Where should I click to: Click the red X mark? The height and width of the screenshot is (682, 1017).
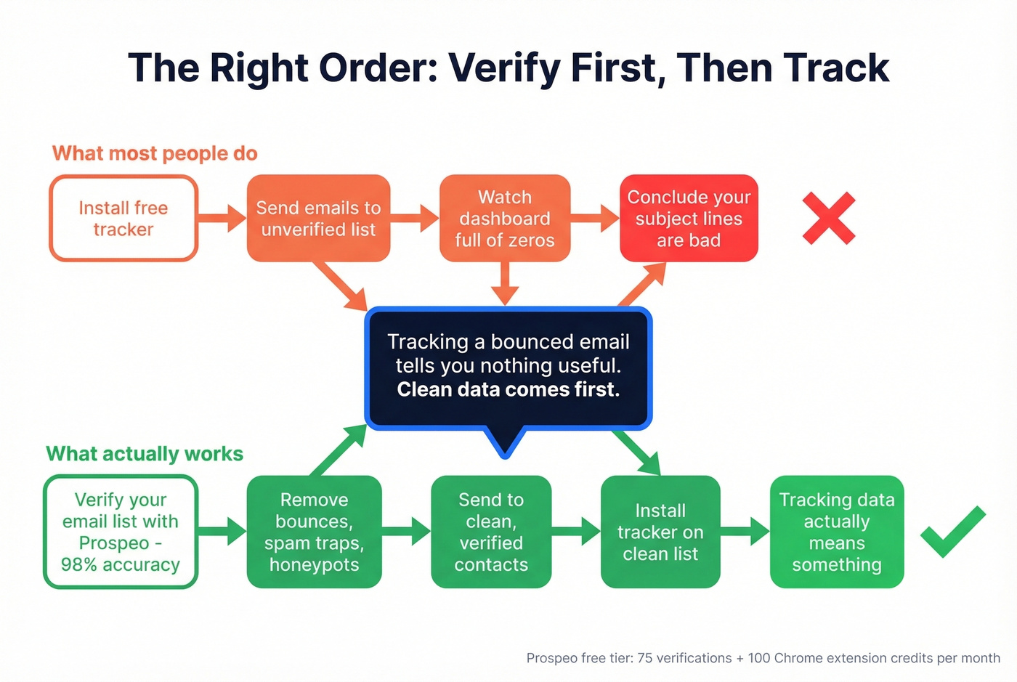point(829,218)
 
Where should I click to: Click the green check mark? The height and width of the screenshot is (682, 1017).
point(952,533)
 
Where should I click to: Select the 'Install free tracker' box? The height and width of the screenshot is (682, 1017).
point(123,218)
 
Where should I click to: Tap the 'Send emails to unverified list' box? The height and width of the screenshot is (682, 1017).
point(318,218)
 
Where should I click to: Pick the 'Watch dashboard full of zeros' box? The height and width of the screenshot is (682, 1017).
point(505,218)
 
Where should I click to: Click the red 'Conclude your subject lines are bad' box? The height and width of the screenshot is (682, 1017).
point(689,218)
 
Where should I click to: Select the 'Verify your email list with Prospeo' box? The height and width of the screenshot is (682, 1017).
point(121,532)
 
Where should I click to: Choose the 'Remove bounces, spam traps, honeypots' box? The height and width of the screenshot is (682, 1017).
point(314,532)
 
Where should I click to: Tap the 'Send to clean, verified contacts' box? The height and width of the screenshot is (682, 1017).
point(491,532)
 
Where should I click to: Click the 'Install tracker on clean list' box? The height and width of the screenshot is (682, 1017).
point(660,532)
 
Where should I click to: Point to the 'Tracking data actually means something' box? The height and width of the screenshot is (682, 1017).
point(837,532)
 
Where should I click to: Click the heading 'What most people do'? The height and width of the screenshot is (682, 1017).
point(155,153)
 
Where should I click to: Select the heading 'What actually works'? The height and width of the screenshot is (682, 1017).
point(145,454)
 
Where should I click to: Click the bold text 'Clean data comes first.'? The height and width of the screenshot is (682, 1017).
point(508,390)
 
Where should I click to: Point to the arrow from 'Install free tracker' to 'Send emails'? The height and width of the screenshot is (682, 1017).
point(222,218)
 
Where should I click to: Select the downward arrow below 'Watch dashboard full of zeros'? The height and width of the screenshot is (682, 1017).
point(505,284)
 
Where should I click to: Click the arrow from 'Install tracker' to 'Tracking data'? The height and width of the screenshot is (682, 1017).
point(745,532)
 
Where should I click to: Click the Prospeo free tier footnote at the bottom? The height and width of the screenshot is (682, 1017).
point(763,658)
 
